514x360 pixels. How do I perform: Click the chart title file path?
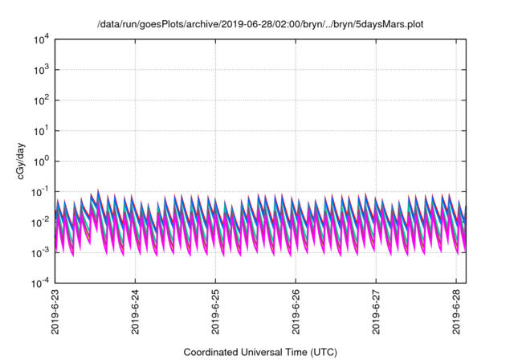tap(259, 25)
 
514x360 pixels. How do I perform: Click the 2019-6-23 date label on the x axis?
tap(55, 313)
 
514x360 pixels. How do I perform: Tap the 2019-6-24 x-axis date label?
tap(136, 313)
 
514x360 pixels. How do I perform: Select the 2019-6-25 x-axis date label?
tap(216, 313)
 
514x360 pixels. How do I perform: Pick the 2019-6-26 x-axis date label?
tap(296, 313)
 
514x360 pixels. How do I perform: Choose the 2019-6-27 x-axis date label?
tap(377, 313)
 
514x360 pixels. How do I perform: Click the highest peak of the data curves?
tap(97, 190)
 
